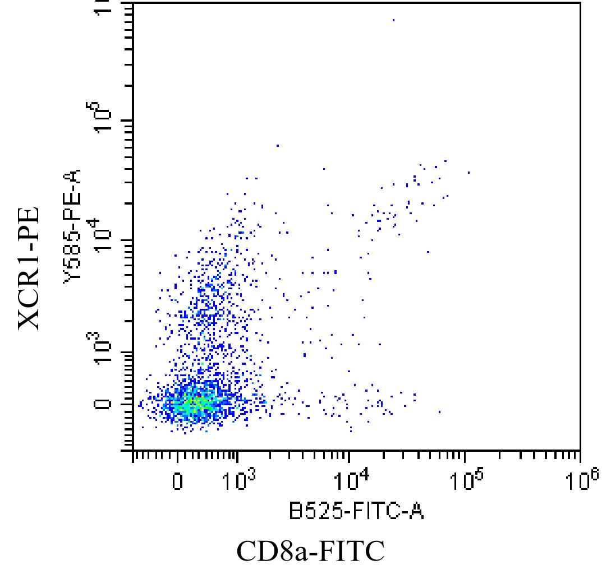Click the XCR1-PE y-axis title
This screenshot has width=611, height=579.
(29, 268)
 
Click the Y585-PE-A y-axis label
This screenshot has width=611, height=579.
(72, 225)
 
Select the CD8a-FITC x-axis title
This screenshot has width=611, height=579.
(311, 552)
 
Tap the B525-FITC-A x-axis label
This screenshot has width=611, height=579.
(356, 511)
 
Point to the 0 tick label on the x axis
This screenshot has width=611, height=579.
(177, 481)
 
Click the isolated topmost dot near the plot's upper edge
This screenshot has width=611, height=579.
(393, 20)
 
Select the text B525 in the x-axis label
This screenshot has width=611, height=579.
(316, 511)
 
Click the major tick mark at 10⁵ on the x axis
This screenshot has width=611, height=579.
(465, 455)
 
